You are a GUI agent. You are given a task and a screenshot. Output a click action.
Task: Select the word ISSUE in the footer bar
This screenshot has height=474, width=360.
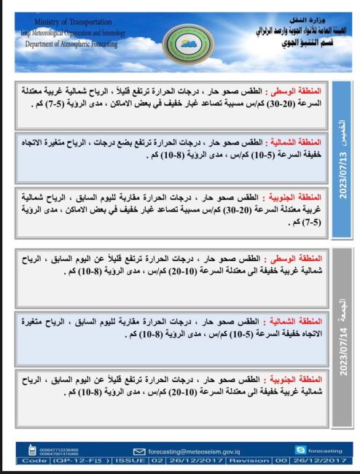click(x=131, y=461)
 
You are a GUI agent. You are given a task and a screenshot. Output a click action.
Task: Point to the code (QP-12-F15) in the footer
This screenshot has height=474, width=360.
click(x=81, y=461)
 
